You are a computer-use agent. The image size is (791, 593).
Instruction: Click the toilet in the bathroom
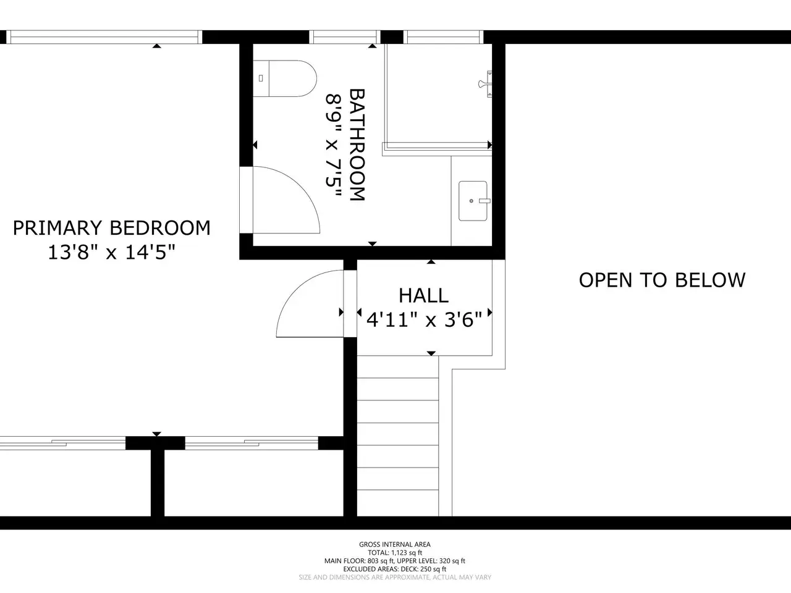(285, 78)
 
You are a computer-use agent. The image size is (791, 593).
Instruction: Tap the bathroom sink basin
(473, 201)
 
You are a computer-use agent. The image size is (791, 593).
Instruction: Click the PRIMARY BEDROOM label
(112, 228)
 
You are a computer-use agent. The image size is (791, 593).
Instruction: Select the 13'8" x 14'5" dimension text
(112, 252)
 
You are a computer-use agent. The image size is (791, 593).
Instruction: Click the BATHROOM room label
(357, 145)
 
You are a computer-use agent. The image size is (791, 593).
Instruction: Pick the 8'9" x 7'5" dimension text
(333, 145)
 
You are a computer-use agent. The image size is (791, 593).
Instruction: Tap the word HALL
(424, 296)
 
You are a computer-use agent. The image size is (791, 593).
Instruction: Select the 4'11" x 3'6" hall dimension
(424, 319)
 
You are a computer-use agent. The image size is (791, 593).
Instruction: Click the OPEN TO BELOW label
(662, 280)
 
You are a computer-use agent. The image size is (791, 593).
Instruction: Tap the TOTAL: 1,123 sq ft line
(395, 553)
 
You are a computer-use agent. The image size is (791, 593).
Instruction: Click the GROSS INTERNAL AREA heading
(395, 544)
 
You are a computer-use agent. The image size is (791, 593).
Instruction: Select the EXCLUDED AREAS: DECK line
(395, 570)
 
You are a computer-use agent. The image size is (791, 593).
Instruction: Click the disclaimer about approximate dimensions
(395, 578)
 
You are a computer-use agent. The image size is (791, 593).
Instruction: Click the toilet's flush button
(261, 78)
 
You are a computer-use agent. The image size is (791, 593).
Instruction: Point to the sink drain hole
(472, 201)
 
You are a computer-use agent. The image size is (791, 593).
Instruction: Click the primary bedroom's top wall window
(104, 37)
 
